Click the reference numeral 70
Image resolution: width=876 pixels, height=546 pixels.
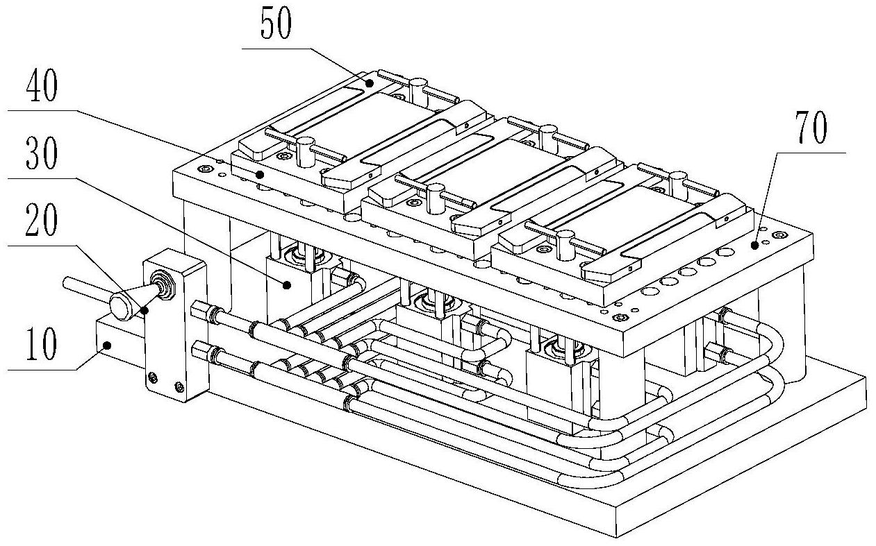pyautogui.click(x=807, y=130)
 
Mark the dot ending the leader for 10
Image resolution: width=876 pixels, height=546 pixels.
pyautogui.click(x=107, y=344)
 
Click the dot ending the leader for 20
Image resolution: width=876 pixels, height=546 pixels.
pyautogui.click(x=145, y=310)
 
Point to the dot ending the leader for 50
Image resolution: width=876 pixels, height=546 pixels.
pyautogui.click(x=370, y=83)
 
